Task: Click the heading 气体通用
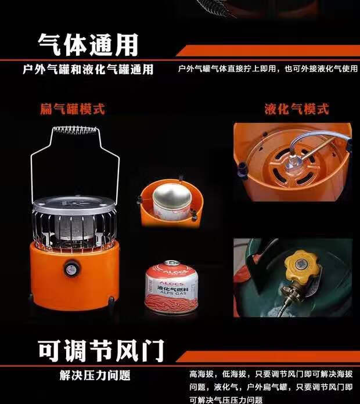tap(88, 44)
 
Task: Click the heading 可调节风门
tap(101, 349)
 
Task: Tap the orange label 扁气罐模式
tap(73, 109)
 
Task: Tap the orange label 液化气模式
tap(296, 109)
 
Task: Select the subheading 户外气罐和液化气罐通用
tap(88, 70)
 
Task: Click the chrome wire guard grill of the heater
tap(74, 226)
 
